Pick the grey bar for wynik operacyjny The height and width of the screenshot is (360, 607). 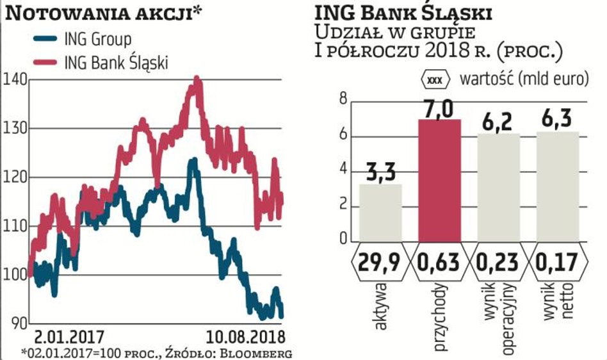pyautogui.click(x=498, y=187)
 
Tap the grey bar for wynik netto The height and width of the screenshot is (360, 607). pyautogui.click(x=557, y=186)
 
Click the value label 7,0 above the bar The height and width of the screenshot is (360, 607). pyautogui.click(x=439, y=108)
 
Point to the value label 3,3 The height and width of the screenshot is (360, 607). pyautogui.click(x=380, y=173)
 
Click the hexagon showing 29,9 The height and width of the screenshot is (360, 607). pyautogui.click(x=380, y=261)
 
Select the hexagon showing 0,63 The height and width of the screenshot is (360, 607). pyautogui.click(x=439, y=261)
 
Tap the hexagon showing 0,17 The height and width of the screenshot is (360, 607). pyautogui.click(x=557, y=261)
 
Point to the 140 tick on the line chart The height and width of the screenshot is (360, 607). pyautogui.click(x=14, y=79)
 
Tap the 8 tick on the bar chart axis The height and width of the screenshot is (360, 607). pyautogui.click(x=343, y=99)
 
